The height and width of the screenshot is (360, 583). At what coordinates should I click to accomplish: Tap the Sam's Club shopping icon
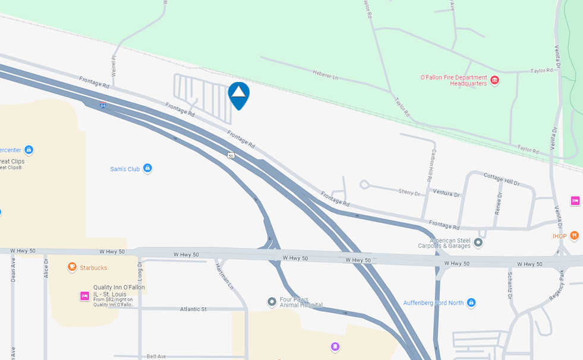pos(147,169)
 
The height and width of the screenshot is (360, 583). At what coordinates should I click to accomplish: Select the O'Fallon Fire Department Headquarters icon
pos(494,80)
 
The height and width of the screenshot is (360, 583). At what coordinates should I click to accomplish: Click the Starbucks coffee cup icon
pos(72,267)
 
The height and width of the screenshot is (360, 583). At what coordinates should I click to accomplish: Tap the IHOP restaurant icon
pos(574,236)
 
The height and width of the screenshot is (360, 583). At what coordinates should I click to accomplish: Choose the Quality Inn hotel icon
pos(84,296)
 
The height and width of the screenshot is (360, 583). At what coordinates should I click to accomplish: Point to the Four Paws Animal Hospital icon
pos(272,302)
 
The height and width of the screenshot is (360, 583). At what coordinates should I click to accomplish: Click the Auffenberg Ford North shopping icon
pos(471,302)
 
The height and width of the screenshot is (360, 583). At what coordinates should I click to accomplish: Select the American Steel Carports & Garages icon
pos(478,242)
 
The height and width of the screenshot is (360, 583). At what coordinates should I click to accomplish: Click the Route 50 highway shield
pos(231,155)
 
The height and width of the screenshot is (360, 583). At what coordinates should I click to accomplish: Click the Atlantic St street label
pos(193,309)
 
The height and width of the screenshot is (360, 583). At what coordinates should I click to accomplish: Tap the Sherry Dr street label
pos(409,193)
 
